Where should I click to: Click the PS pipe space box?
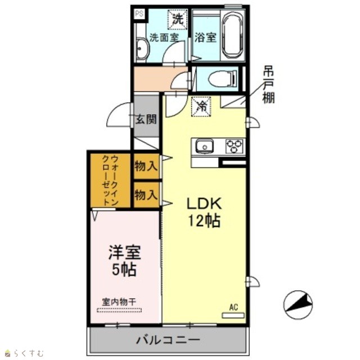click(139, 13)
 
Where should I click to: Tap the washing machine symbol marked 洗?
click(178, 19)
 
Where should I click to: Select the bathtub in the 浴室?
click(233, 35)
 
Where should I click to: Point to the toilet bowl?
click(223, 79)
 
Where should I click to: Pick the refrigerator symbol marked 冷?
click(201, 106)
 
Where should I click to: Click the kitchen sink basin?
click(204, 146)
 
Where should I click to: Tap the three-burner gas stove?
click(234, 146)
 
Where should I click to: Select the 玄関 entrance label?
click(146, 119)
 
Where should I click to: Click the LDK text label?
click(204, 204)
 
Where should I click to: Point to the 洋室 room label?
click(124, 253)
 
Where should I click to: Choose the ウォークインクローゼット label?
click(110, 181)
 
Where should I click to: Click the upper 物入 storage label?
click(146, 166)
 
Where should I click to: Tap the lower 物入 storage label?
click(146, 195)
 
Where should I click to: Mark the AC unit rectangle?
click(233, 315)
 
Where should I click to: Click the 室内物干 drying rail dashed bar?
click(119, 310)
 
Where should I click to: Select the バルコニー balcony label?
click(168, 340)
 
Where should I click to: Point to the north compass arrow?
click(298, 304)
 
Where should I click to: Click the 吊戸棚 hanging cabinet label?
click(268, 84)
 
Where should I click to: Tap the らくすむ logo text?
click(29, 353)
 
